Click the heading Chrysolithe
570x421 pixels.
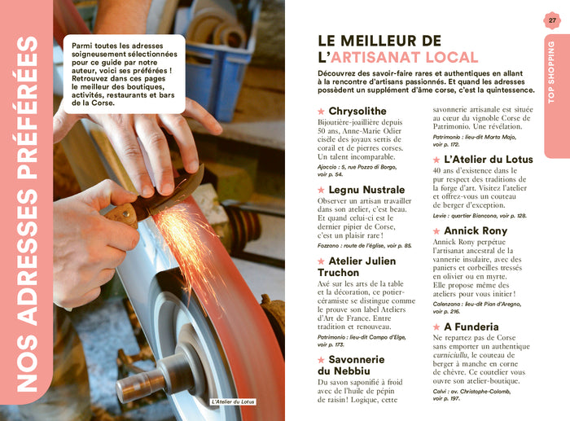pos(357,111)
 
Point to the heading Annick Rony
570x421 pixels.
pos(476,230)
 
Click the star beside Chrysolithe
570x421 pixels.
pos(321,111)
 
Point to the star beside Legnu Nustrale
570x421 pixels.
pos(321,189)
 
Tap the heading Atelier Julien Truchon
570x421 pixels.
pos(356,266)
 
